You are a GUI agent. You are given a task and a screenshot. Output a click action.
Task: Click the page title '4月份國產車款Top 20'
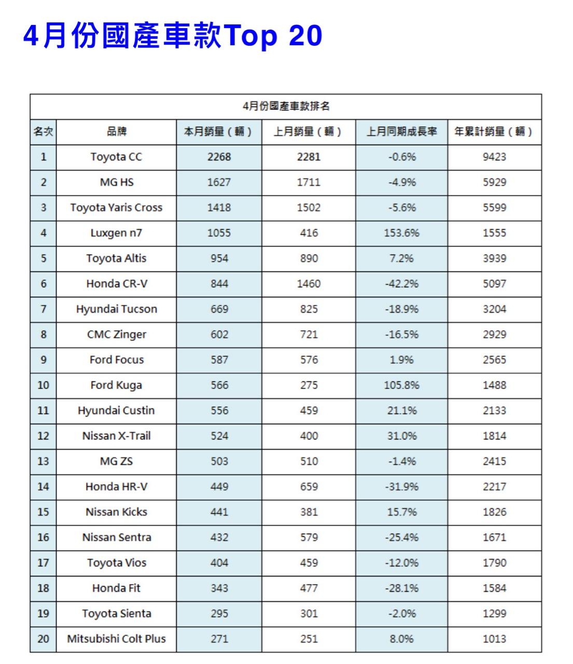point(173,36)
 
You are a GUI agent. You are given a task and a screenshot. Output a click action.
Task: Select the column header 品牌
point(116,132)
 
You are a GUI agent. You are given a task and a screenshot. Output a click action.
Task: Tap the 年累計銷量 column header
point(494,132)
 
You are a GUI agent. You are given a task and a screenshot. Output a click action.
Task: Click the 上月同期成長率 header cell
point(401,132)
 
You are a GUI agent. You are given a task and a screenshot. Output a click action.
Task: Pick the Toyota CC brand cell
point(116,157)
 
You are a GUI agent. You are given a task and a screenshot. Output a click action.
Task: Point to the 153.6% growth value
point(401,233)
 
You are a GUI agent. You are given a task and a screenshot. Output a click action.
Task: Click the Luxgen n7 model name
point(116,233)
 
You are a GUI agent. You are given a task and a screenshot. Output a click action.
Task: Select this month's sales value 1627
point(219,182)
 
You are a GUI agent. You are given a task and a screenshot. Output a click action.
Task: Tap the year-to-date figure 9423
point(494,157)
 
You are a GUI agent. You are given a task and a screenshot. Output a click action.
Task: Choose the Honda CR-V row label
point(116,284)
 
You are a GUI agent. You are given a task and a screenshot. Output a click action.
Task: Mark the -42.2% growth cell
point(401,284)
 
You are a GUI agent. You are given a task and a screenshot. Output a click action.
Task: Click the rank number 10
point(43,385)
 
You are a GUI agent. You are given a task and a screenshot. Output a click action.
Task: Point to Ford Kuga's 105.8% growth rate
point(401,385)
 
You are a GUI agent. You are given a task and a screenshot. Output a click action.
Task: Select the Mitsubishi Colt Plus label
point(116,639)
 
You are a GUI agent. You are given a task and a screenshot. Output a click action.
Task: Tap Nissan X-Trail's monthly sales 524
point(219,436)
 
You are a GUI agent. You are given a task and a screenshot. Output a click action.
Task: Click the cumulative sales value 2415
point(494,461)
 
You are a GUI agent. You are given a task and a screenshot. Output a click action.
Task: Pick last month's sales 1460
point(309,284)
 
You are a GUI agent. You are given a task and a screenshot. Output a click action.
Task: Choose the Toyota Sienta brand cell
point(116,613)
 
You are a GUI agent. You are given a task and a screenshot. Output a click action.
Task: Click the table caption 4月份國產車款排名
point(286,106)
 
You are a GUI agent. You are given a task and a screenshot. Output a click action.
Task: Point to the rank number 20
point(43,639)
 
